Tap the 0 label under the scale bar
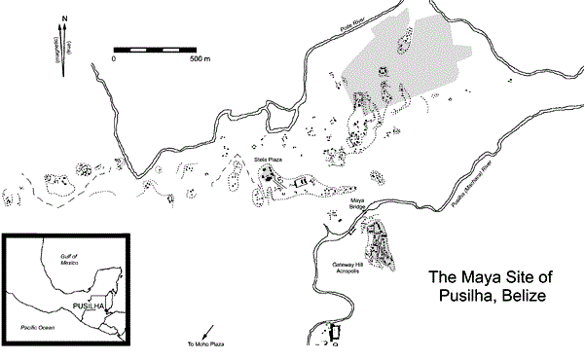click(114, 59)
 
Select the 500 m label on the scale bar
click(199, 59)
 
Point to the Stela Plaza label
click(268, 159)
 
